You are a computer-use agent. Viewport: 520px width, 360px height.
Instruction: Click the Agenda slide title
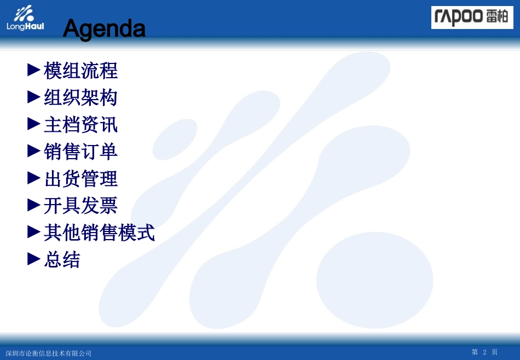pos(104,29)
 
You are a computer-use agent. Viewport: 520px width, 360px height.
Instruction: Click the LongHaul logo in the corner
pos(25,18)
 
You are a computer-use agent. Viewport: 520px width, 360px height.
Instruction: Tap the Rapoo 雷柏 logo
pos(472,18)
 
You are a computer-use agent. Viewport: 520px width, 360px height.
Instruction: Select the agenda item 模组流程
pos(81,71)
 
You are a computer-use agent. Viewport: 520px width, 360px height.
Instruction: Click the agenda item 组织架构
pos(81,98)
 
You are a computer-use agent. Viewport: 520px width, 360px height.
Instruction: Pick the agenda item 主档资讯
pos(81,125)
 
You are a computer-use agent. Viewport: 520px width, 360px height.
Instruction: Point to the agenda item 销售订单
pos(81,152)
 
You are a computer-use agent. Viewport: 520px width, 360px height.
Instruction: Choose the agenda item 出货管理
pos(81,179)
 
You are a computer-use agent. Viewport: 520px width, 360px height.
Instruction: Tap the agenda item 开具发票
pos(81,206)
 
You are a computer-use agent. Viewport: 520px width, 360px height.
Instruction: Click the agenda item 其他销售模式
pos(100,233)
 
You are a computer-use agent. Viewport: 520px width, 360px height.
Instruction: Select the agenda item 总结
pos(62,259)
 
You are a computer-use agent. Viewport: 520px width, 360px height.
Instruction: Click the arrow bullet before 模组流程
pos(34,70)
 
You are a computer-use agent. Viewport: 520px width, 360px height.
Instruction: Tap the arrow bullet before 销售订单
pos(34,151)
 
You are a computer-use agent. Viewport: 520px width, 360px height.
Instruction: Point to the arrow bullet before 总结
pos(34,259)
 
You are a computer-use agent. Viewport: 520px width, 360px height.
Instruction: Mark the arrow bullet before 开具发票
pos(34,205)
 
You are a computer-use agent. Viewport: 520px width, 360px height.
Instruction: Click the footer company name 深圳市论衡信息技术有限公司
pos(49,353)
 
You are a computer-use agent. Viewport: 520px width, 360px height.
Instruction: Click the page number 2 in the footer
pos(484,352)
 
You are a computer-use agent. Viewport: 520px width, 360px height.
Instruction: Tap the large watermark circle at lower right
pos(374,280)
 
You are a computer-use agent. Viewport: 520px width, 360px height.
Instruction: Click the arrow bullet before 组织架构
pos(34,97)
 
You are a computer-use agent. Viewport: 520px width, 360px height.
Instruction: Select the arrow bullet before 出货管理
pos(34,178)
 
